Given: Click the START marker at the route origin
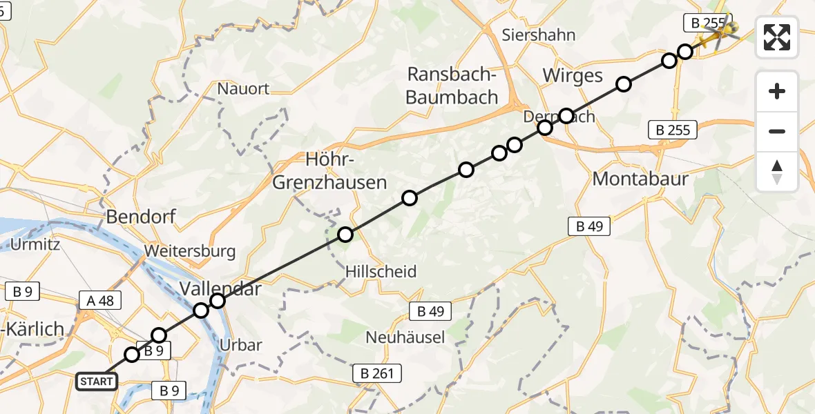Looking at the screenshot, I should (x=96, y=382).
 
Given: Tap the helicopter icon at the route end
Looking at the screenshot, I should (x=717, y=30).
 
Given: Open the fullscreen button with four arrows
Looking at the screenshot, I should (x=777, y=37).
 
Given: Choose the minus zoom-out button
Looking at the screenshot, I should (x=777, y=131).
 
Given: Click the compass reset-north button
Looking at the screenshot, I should (x=777, y=171).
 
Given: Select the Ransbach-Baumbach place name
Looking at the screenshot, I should (x=452, y=86).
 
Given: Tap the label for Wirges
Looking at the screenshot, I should (x=573, y=75).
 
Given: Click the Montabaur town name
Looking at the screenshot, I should (x=640, y=179).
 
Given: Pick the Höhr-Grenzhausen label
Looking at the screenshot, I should (x=329, y=172).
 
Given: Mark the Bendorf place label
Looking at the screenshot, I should (x=141, y=217).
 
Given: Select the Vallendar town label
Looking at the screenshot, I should (x=221, y=288).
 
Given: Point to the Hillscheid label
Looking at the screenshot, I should (x=381, y=272).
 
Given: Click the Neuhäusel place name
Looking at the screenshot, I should (x=405, y=337).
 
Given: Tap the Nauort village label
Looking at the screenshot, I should (x=243, y=88).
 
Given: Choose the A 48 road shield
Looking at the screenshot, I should (x=100, y=300).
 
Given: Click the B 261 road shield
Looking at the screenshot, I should (x=377, y=374).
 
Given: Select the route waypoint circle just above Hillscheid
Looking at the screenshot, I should (x=345, y=235).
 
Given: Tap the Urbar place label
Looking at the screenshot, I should (x=240, y=345).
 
